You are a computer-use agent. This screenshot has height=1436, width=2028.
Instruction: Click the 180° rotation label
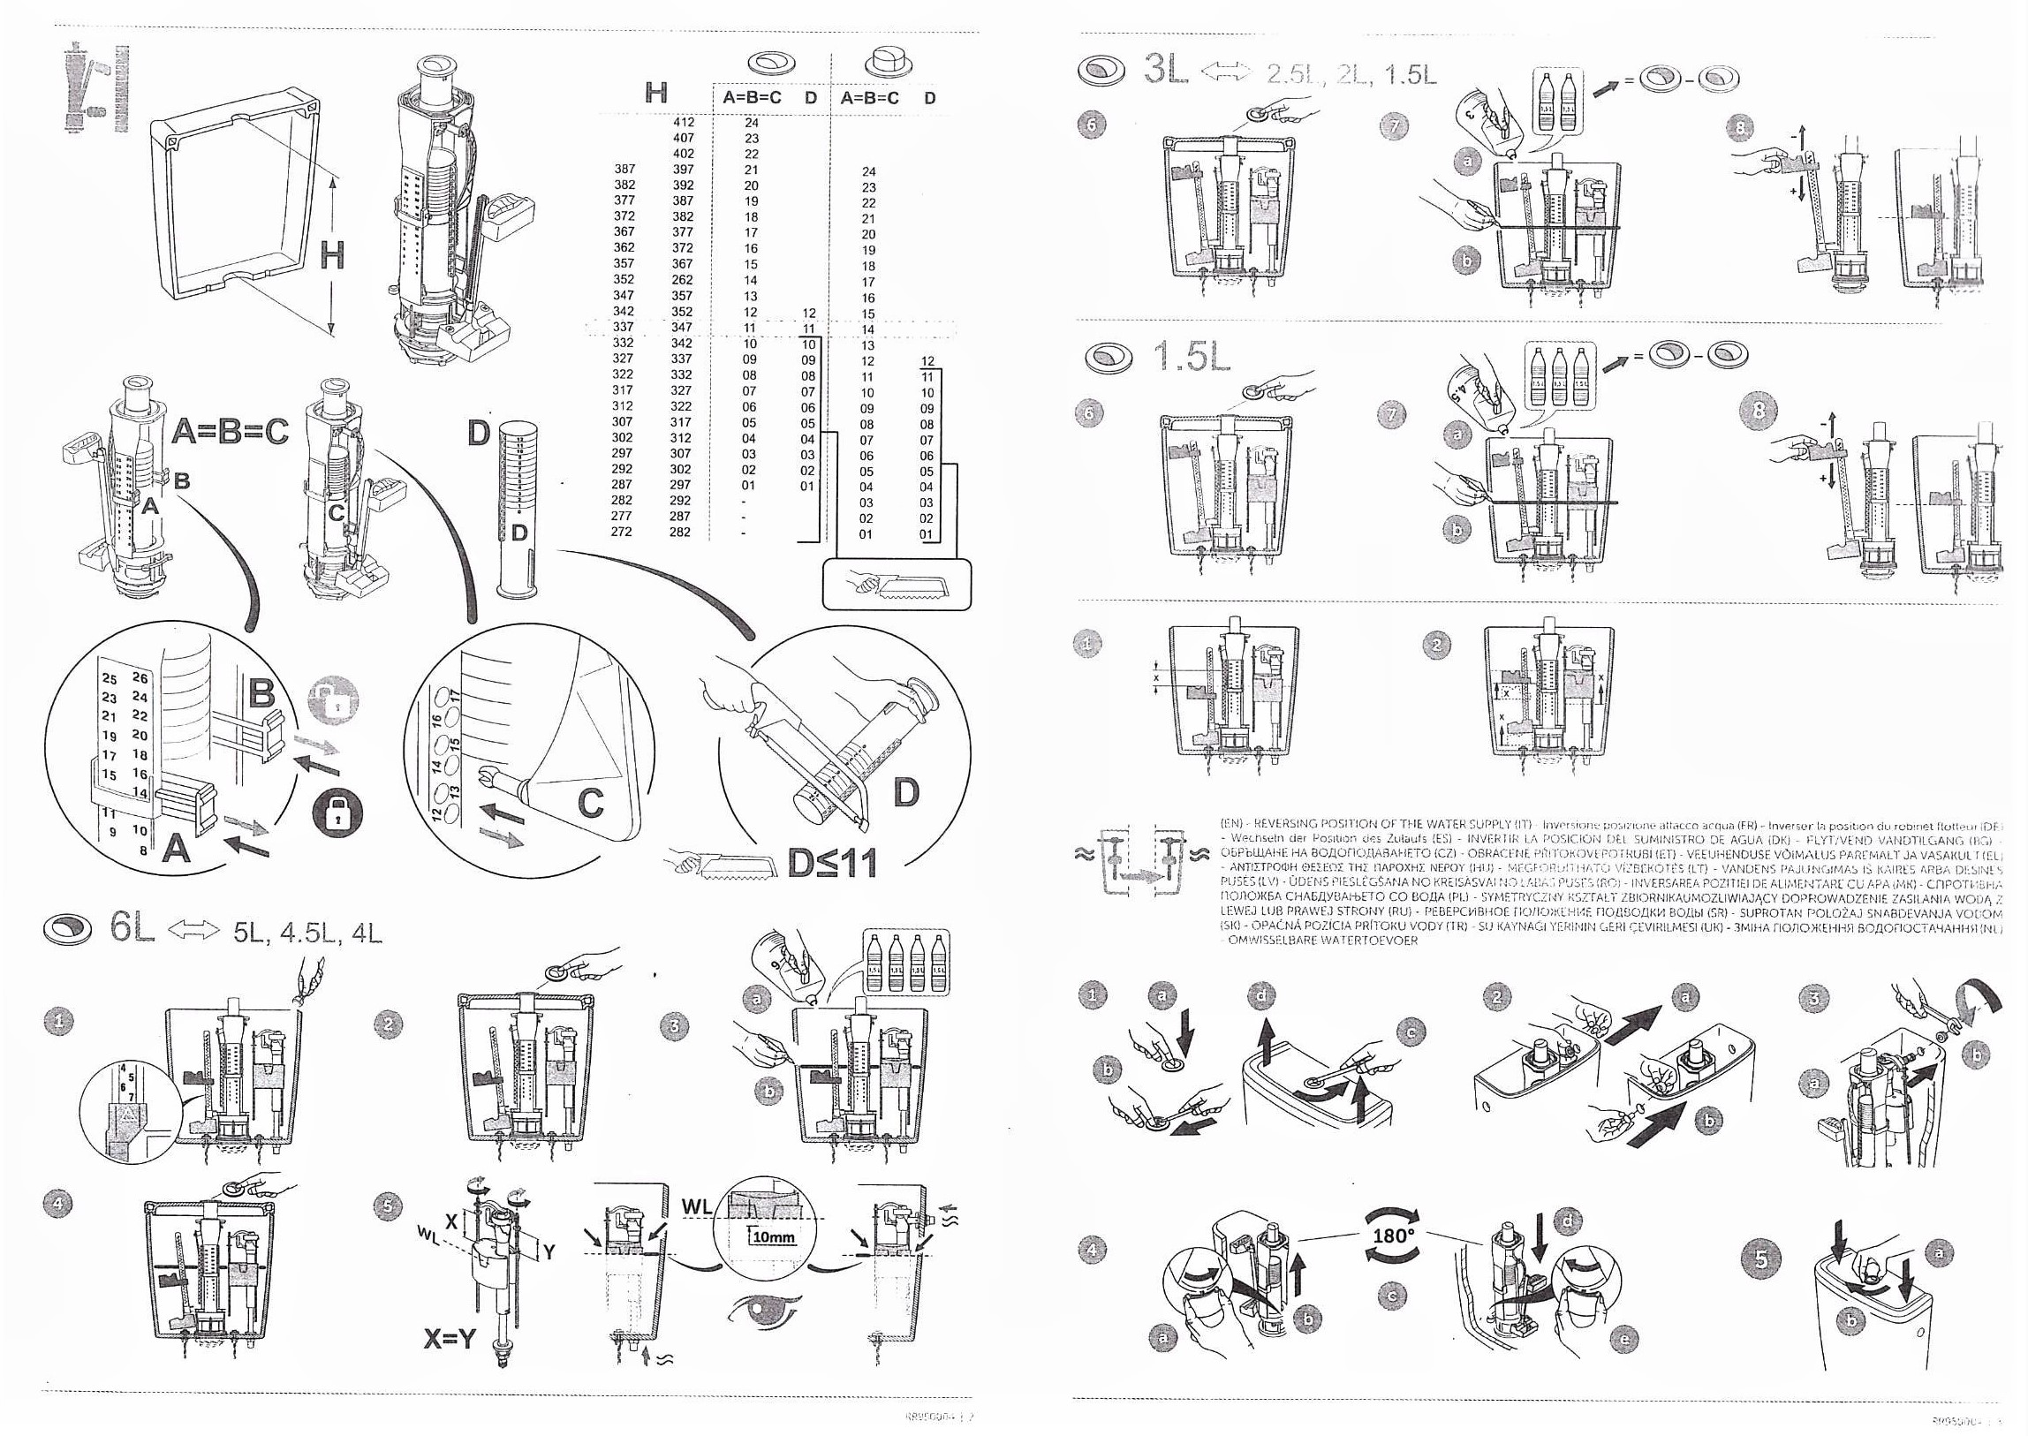tap(1391, 1235)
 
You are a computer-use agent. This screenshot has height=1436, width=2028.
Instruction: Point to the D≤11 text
tap(832, 862)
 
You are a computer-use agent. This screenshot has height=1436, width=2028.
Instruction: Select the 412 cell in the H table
tap(683, 123)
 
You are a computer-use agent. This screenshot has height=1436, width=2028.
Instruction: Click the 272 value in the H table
tap(623, 533)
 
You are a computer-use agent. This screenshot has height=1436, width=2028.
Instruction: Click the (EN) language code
tap(1231, 822)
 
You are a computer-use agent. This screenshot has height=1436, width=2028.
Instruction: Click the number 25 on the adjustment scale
tap(110, 679)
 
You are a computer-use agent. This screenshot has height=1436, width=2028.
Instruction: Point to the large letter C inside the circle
tap(589, 803)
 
